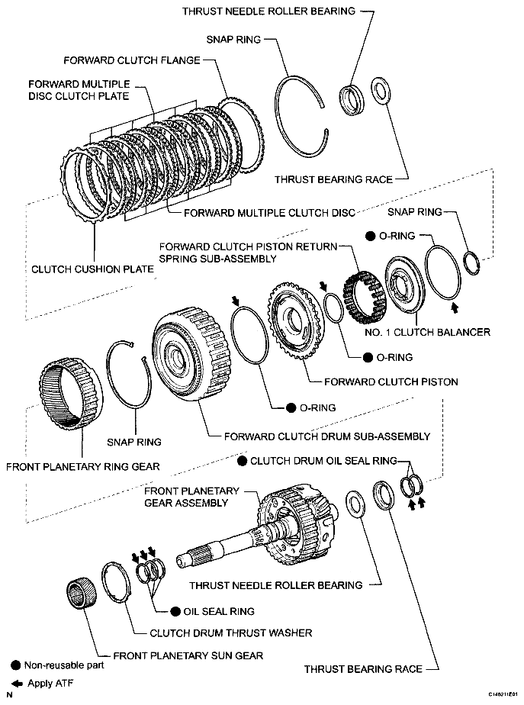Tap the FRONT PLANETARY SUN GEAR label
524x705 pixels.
coord(188,655)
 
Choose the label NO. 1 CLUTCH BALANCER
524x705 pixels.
coord(437,332)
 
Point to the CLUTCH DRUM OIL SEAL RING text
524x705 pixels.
coord(323,461)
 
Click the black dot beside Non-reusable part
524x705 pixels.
coord(15,665)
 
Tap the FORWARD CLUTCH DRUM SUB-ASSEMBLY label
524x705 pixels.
coord(326,436)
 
